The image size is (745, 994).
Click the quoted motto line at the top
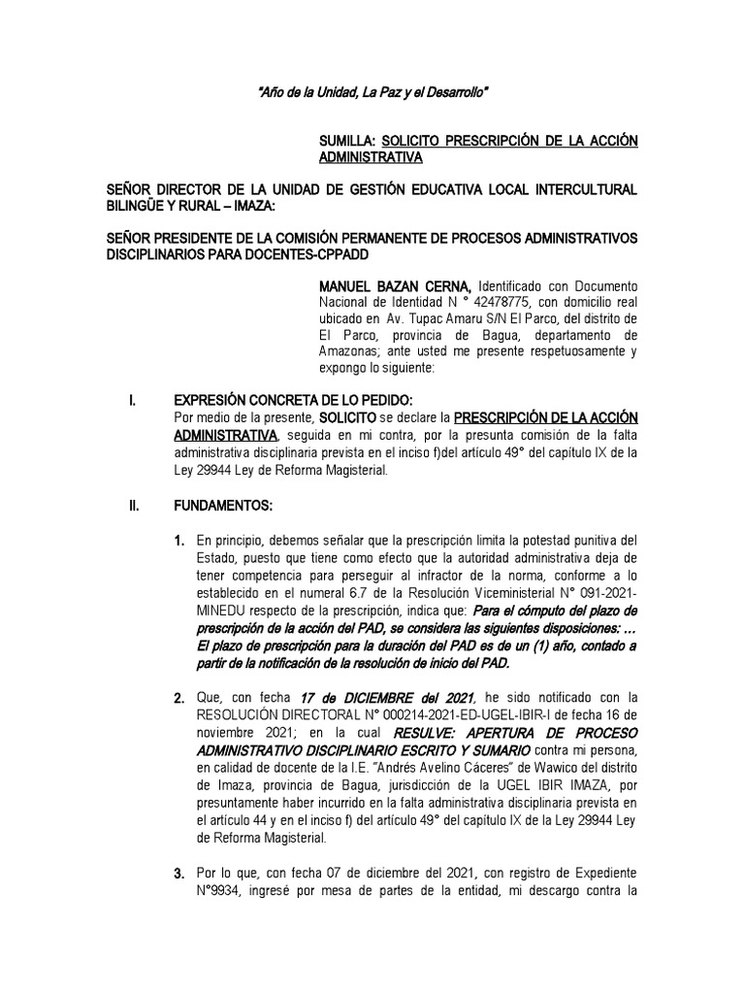372,93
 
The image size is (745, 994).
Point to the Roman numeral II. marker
137,506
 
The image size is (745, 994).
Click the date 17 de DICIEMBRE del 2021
386,698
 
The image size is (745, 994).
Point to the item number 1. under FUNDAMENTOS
179,540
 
